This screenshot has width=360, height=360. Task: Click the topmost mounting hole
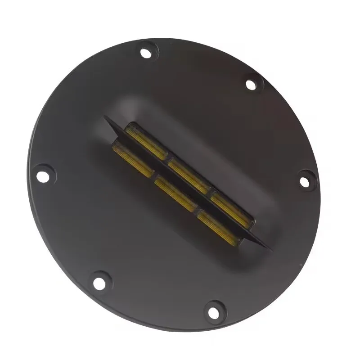pyautogui.click(x=145, y=53)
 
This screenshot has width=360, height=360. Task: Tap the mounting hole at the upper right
pyautogui.click(x=251, y=84)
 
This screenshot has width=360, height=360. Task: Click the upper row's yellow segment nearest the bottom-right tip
pyautogui.click(x=231, y=207)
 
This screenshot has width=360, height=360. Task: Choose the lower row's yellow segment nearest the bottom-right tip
pyautogui.click(x=218, y=225)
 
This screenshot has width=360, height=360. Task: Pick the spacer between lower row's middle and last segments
pyautogui.click(x=197, y=210)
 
